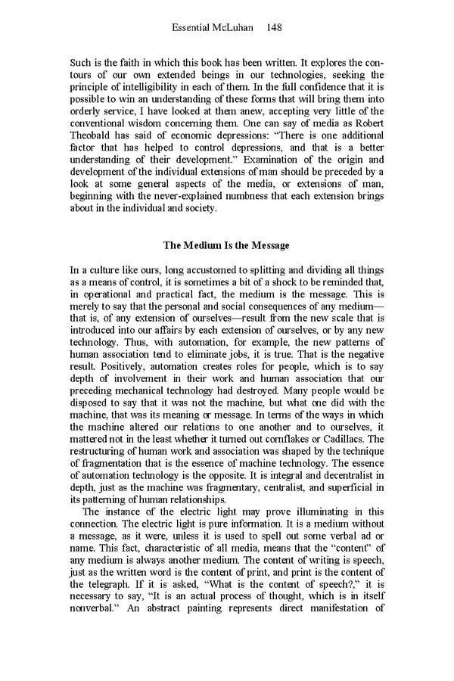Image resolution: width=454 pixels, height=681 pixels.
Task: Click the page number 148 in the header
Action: pos(274,27)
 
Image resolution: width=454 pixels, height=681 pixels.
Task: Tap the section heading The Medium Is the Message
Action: pos(227,245)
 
